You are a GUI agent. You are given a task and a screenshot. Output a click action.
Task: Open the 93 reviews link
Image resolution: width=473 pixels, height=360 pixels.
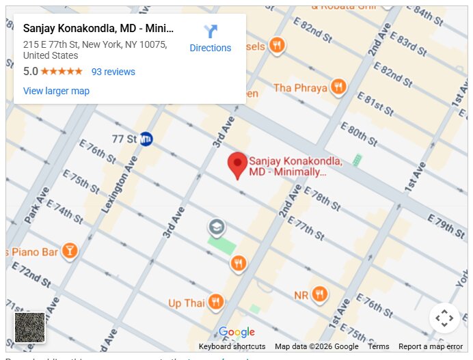coord(113,72)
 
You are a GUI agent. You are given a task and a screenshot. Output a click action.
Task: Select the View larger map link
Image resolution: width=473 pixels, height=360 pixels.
coord(56,91)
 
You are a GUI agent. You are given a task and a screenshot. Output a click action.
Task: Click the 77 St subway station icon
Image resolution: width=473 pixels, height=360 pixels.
coord(146,139)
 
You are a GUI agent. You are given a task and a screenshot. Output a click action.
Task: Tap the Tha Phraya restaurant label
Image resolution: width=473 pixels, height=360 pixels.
coord(300,88)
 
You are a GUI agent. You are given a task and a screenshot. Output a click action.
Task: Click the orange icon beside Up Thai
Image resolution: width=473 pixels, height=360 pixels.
coord(216,302)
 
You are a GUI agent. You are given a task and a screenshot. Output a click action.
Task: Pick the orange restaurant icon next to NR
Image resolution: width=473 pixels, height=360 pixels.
coord(319,295)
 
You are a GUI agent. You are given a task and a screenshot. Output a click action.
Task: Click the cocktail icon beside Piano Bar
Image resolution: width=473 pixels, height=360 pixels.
coord(69,251)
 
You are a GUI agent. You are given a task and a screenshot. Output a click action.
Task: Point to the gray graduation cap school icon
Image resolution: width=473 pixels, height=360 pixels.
coord(217,227)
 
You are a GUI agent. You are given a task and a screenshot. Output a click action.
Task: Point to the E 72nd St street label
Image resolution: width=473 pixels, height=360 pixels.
coord(31,275)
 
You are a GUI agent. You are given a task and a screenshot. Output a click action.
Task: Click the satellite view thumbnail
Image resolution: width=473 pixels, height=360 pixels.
coord(29,327)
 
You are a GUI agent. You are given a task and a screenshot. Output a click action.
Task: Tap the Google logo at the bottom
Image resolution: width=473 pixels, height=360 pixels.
coord(236,333)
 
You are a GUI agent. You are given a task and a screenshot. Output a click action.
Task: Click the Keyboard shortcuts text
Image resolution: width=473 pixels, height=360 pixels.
coord(232,346)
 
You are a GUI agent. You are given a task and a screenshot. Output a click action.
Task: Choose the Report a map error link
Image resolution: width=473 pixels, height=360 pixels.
coord(431,346)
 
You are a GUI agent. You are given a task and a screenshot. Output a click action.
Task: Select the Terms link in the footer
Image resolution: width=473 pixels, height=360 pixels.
coord(378,346)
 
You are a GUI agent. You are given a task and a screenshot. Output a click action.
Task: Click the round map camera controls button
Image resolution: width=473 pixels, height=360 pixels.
coord(444,318)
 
